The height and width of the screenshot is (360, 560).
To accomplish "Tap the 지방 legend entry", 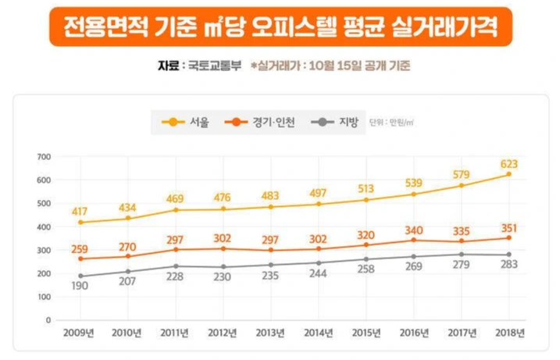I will tap(338, 122).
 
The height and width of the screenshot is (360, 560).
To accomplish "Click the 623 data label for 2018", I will tap(509, 164).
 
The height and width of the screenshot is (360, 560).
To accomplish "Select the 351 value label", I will tap(509, 228).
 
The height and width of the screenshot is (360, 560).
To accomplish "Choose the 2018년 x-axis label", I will tap(509, 333).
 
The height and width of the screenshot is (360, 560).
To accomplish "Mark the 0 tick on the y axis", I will tap(48, 320).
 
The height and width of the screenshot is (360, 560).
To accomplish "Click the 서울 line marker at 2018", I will tap(509, 174).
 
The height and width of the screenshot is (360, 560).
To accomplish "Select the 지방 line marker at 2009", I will tap(81, 276).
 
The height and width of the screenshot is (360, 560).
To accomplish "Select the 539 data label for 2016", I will tap(414, 184).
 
